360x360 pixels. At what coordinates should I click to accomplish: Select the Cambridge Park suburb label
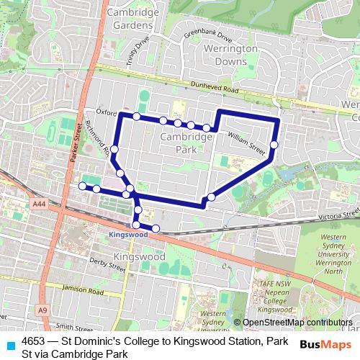click(x=183, y=142)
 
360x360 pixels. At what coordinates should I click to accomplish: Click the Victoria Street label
click(x=331, y=215)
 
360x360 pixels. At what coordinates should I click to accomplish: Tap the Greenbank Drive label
click(x=209, y=36)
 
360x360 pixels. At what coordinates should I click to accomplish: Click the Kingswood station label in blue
click(x=127, y=235)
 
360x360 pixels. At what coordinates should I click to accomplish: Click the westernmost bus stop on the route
click(x=82, y=186)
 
